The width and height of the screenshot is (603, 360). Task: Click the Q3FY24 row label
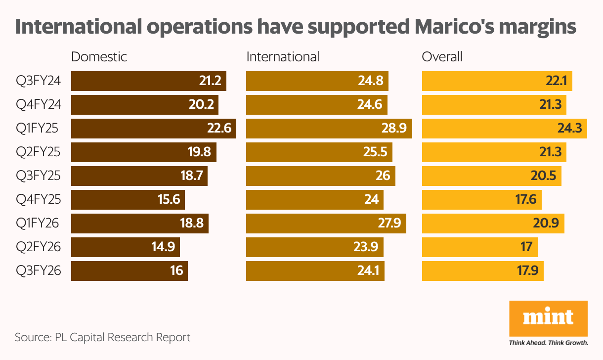pyautogui.click(x=38, y=81)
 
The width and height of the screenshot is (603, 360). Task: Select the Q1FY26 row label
pyautogui.click(x=38, y=224)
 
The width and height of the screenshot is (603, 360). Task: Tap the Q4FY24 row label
pyautogui.click(x=38, y=105)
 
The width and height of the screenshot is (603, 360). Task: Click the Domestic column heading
pyautogui.click(x=99, y=56)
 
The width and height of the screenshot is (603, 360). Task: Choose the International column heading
pyautogui.click(x=283, y=56)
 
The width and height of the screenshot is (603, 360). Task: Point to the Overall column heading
pyautogui.click(x=442, y=56)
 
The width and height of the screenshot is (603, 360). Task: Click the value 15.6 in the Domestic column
pyautogui.click(x=169, y=200)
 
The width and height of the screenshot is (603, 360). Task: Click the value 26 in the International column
pyautogui.click(x=383, y=176)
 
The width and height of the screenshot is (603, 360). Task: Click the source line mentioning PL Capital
pyautogui.click(x=102, y=338)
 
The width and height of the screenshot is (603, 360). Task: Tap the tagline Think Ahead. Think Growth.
pyautogui.click(x=548, y=342)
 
